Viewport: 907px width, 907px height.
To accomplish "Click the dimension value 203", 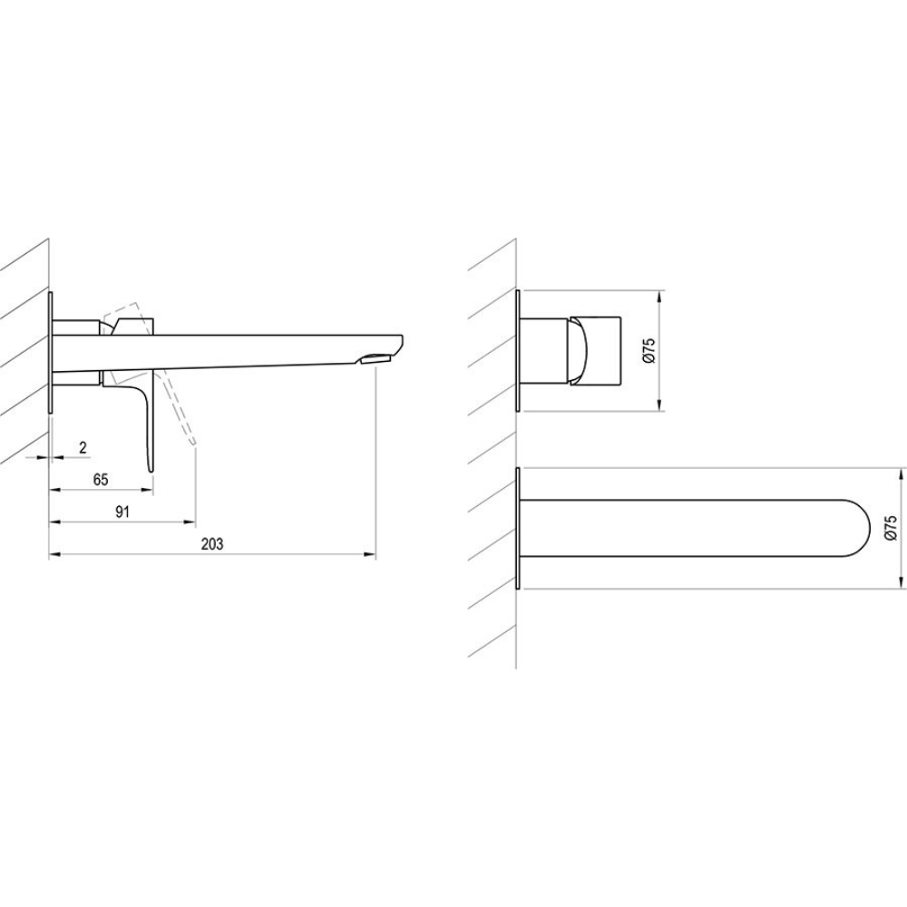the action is [212, 543].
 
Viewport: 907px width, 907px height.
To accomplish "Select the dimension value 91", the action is [122, 512].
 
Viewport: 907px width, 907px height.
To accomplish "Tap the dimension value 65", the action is [101, 480].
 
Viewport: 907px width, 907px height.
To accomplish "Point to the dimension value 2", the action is [83, 447].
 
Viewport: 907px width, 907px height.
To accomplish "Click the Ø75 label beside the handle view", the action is [649, 350].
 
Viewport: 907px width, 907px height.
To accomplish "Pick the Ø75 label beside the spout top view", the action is [891, 528].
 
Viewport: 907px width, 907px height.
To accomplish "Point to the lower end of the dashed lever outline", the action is [194, 444].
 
